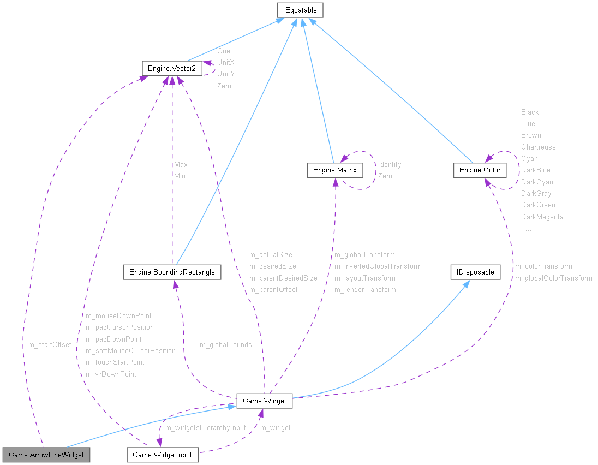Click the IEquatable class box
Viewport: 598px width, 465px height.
point(300,10)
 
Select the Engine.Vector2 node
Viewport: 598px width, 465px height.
point(172,68)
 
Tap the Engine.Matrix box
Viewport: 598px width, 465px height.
point(334,170)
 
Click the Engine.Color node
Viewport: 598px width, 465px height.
point(480,170)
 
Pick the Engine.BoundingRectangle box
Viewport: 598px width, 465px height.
point(172,272)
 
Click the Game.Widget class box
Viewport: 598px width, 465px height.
point(264,401)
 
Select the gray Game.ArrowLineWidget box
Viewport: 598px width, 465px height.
point(46,454)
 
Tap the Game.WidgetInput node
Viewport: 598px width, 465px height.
point(163,454)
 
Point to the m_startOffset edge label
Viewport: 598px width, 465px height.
point(50,345)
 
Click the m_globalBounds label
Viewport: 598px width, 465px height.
point(225,345)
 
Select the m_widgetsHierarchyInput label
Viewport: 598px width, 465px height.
point(206,427)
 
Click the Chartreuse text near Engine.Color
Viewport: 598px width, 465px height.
point(538,147)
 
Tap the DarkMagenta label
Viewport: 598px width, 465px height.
point(542,217)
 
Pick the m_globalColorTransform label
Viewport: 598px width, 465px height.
point(553,278)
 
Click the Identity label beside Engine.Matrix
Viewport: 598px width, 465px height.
point(390,164)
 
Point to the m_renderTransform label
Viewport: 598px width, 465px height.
point(365,289)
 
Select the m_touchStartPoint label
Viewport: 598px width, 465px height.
point(115,362)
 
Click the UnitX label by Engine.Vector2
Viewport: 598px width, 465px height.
point(225,62)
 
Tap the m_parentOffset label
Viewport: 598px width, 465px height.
point(273,289)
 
